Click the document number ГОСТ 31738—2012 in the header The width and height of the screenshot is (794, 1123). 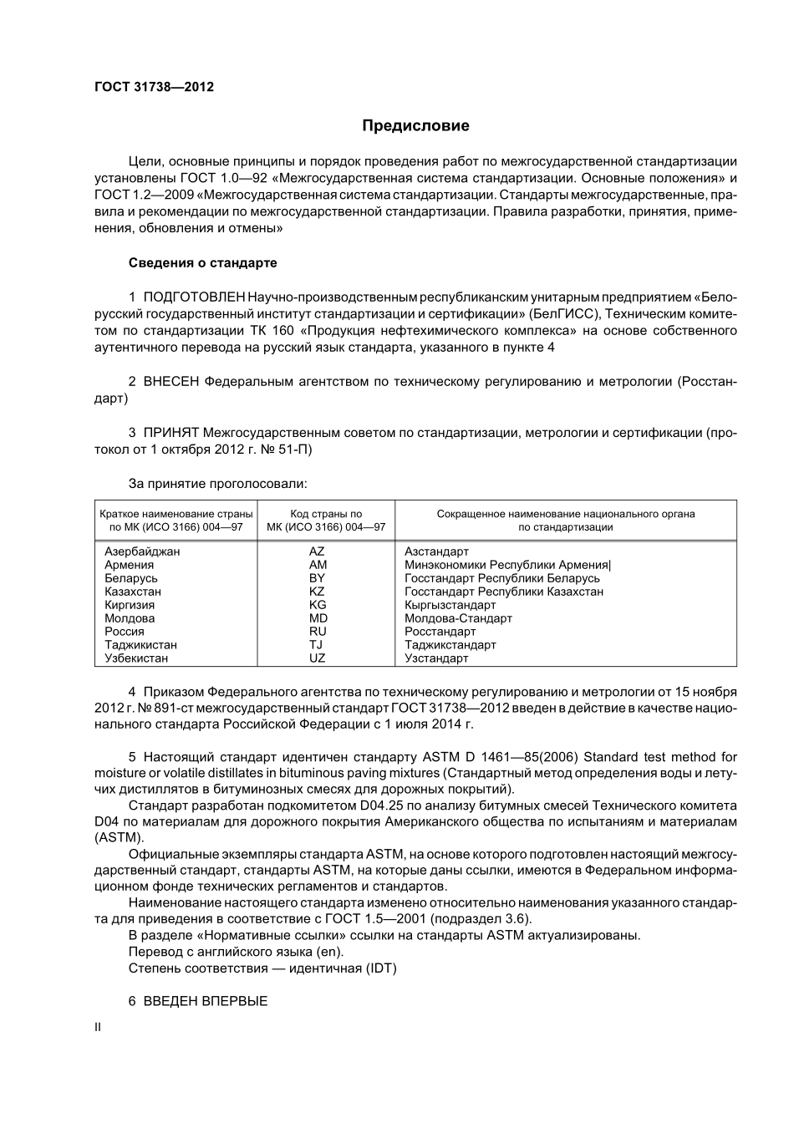tap(154, 87)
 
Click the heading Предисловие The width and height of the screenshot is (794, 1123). tap(415, 126)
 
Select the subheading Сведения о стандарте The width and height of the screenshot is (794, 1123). tap(202, 263)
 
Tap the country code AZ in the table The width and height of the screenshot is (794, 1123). tap(317, 551)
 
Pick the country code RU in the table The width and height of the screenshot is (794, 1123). tap(318, 632)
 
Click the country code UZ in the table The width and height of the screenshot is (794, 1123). tap(317, 658)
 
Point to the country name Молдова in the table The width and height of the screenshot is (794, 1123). tap(130, 618)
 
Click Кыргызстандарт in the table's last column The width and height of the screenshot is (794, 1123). tap(450, 605)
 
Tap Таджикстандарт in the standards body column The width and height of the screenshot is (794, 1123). tap(450, 645)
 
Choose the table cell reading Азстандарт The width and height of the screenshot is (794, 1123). tap(436, 551)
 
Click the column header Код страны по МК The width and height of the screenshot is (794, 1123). tap(326, 521)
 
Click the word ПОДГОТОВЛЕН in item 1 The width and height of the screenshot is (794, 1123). tap(194, 297)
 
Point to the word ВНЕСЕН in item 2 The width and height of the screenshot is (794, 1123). tap(171, 382)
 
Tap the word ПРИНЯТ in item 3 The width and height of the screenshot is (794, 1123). tap(171, 433)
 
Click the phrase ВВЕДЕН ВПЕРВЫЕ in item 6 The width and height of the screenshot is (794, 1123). tap(206, 1001)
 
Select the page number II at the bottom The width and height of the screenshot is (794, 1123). tap(98, 1028)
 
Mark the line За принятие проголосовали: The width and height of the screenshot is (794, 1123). tap(217, 484)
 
